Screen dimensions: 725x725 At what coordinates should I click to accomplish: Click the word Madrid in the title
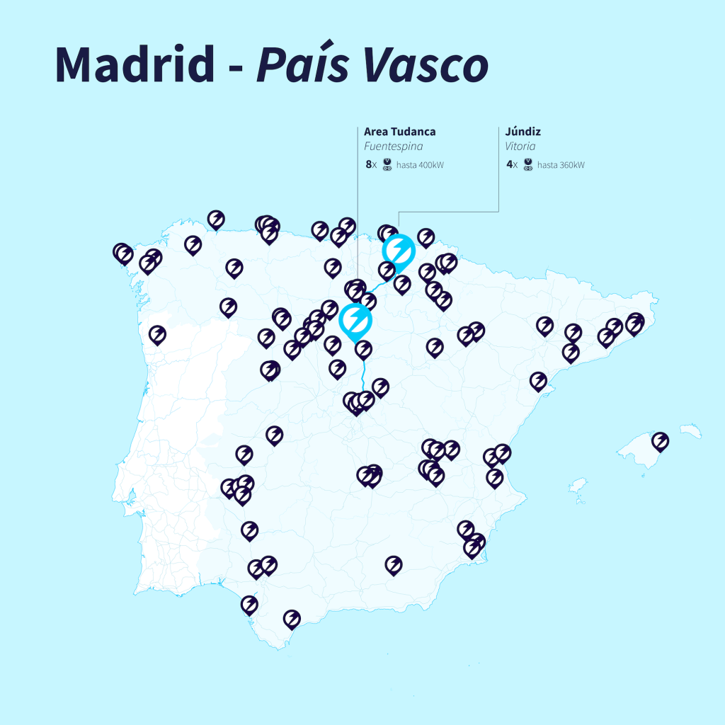[135, 64]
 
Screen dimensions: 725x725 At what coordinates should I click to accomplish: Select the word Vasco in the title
[425, 64]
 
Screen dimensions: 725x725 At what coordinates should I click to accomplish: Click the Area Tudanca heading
[399, 132]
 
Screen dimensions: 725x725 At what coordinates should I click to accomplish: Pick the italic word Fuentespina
[393, 147]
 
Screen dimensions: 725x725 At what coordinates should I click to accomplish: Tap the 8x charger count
[370, 165]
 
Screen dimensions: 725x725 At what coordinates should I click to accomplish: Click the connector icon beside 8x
[387, 165]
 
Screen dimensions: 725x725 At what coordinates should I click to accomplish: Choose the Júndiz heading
[523, 132]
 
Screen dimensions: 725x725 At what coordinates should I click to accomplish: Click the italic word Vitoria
[520, 147]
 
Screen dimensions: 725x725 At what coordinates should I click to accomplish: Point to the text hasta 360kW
[561, 166]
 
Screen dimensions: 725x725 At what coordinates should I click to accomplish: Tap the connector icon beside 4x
[528, 165]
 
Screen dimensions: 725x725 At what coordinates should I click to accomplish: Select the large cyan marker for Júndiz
[398, 250]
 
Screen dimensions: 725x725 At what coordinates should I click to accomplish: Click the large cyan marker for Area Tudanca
[355, 320]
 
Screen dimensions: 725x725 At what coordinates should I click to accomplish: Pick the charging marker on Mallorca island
[660, 441]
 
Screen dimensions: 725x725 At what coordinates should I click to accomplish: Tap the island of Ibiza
[578, 486]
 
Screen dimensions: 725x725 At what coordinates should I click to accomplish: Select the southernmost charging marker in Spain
[292, 619]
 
